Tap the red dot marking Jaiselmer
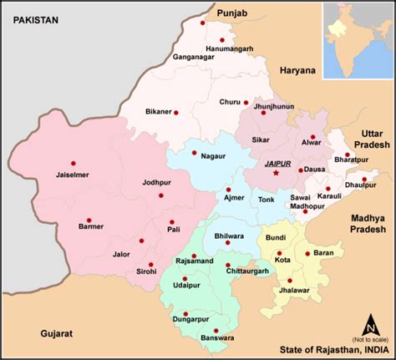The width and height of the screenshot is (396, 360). click(74, 163)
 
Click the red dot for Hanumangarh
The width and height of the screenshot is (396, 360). click(222, 39)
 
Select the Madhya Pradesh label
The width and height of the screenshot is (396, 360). click(367, 223)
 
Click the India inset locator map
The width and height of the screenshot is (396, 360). click(352, 40)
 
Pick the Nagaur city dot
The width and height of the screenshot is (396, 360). click(194, 153)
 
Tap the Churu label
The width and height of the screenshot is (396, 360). click(230, 103)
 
